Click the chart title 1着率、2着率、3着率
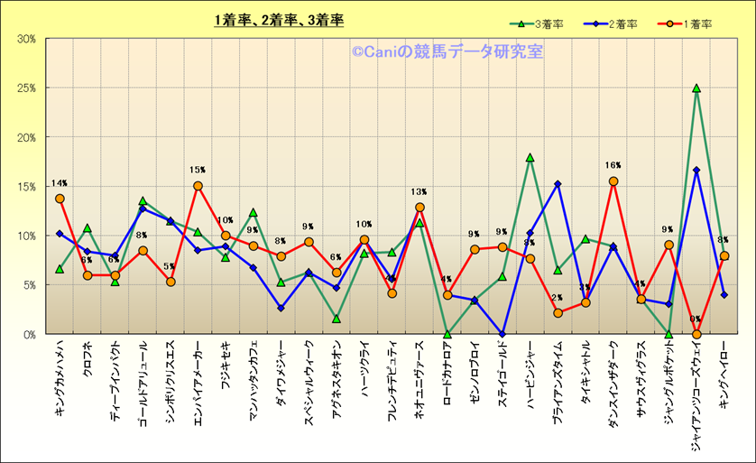[x=279, y=20]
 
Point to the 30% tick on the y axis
[x=26, y=39]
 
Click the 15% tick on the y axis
[x=26, y=187]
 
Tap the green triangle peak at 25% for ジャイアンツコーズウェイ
[x=696, y=88]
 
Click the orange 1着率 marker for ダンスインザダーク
[x=613, y=181]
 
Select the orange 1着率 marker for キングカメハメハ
[x=60, y=199]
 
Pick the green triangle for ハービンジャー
[x=530, y=157]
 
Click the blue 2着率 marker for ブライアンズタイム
[x=558, y=184]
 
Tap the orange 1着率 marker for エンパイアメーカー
[x=198, y=186]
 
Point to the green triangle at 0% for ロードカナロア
[x=447, y=334]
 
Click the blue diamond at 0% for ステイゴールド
[x=502, y=334]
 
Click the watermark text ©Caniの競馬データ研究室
[x=447, y=52]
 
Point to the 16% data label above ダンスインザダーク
[x=613, y=166]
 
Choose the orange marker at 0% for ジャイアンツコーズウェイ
[x=696, y=334]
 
